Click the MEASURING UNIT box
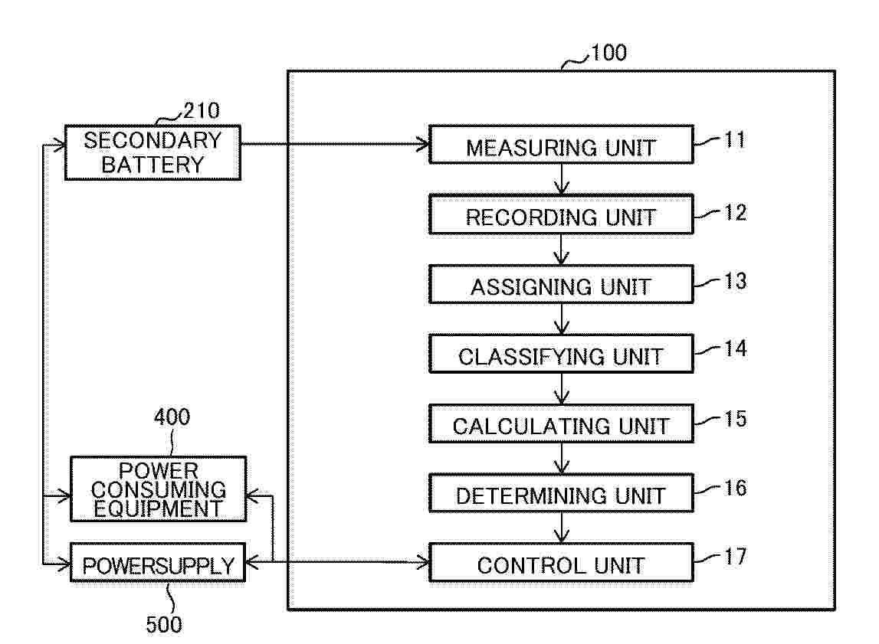tap(561, 145)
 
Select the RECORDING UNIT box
tap(561, 215)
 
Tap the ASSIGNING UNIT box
tap(561, 286)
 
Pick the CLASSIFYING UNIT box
tap(561, 355)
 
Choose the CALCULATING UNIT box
tap(561, 425)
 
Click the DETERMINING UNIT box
tap(561, 495)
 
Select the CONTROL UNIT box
tap(561, 564)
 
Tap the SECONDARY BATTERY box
tap(152, 152)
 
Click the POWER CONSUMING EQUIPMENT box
tap(158, 489)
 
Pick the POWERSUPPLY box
tap(158, 565)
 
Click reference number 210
tap(201, 111)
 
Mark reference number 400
tap(172, 417)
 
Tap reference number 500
tap(164, 624)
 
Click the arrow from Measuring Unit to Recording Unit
tap(562, 179)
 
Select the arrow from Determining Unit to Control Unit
tap(562, 528)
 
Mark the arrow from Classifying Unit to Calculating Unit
tap(562, 389)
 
